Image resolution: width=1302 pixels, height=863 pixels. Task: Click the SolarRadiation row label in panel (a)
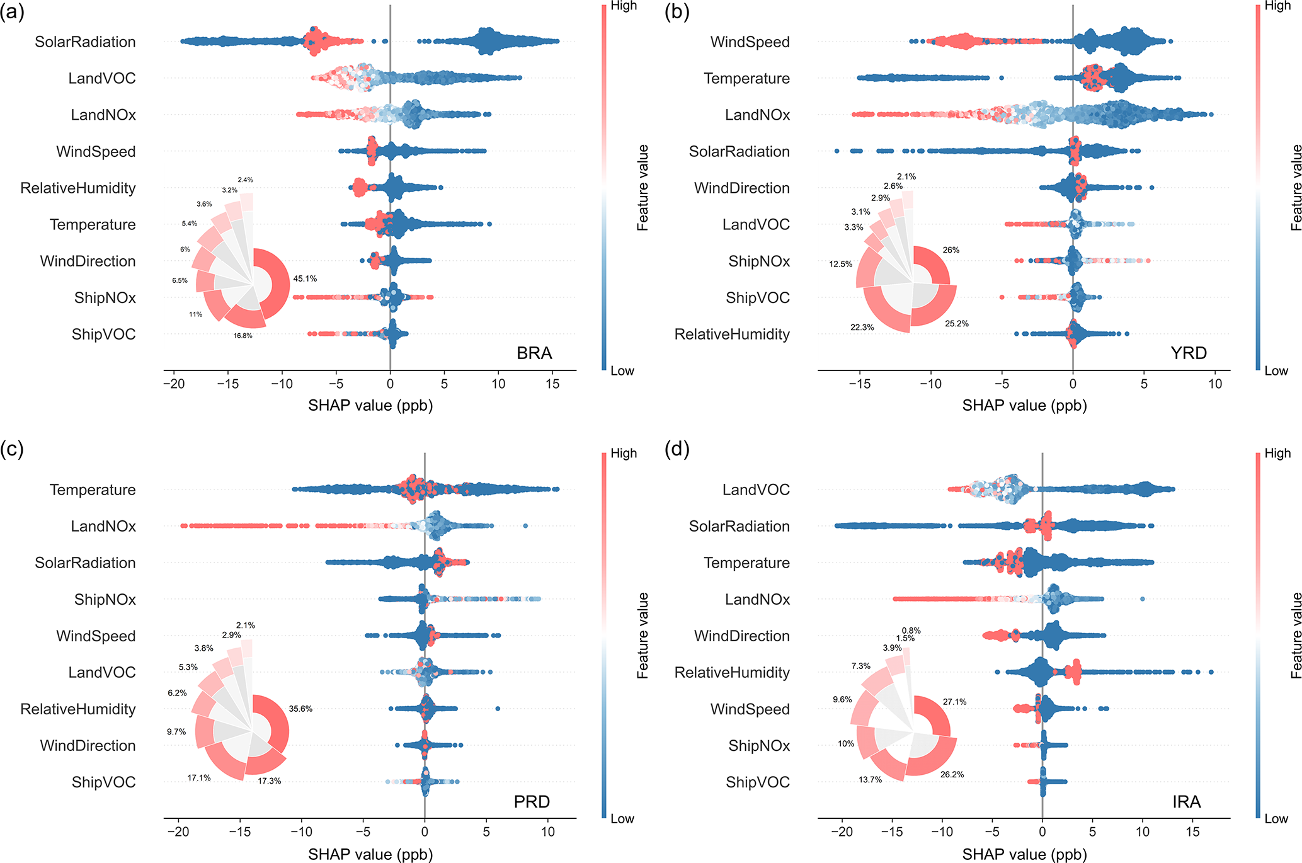pyautogui.click(x=85, y=42)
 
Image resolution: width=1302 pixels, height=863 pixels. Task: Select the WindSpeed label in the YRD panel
pyautogui.click(x=750, y=42)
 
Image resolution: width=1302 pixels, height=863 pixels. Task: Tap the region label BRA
pyautogui.click(x=534, y=353)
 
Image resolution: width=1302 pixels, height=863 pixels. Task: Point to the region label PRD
pyautogui.click(x=532, y=802)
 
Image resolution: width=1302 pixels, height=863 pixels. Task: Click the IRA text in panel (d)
pyautogui.click(x=1186, y=802)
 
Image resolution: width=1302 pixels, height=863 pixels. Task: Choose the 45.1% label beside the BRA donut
pyautogui.click(x=305, y=278)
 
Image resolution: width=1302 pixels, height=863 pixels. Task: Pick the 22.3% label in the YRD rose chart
pyautogui.click(x=862, y=328)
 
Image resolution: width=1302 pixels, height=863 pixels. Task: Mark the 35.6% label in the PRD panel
pyautogui.click(x=300, y=709)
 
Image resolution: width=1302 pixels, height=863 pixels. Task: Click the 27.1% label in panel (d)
pyautogui.click(x=954, y=702)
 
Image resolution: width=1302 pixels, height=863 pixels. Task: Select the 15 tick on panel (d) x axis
pyautogui.click(x=1192, y=832)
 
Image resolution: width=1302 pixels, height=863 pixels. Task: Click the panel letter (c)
pyautogui.click(x=12, y=449)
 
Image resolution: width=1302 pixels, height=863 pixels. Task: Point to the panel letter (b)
pyautogui.click(x=677, y=12)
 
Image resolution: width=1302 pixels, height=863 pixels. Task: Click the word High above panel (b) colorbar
pyautogui.click(x=1277, y=6)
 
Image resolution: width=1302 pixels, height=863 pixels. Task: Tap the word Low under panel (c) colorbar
pyautogui.click(x=622, y=819)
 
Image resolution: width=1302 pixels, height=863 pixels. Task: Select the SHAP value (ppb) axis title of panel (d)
pyautogui.click(x=1024, y=854)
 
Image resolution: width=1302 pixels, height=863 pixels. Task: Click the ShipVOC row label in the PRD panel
pyautogui.click(x=103, y=782)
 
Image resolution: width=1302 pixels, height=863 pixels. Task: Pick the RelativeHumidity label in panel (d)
pyautogui.click(x=732, y=673)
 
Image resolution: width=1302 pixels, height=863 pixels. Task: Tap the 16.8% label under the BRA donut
pyautogui.click(x=243, y=336)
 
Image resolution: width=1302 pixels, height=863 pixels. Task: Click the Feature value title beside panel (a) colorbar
pyautogui.click(x=642, y=188)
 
